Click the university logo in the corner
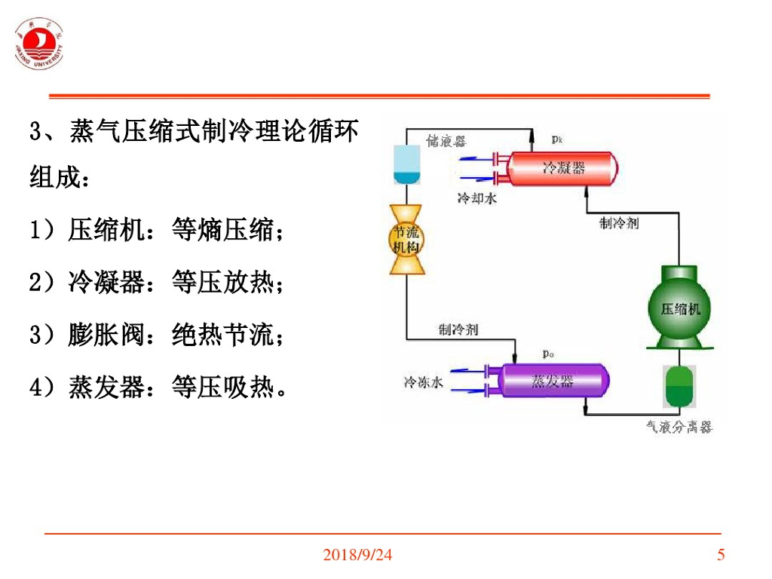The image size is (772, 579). tap(39, 44)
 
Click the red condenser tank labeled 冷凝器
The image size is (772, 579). tap(562, 167)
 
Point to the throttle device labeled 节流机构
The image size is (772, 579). tap(406, 240)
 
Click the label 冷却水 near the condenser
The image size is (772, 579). tap(476, 198)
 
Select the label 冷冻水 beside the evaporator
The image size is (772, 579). tap(423, 382)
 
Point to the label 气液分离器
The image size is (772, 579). tap(679, 427)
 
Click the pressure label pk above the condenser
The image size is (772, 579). tap(557, 139)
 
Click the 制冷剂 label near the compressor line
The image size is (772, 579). tap(619, 222)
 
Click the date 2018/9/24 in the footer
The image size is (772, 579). tap(357, 556)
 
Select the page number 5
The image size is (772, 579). tap(721, 556)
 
